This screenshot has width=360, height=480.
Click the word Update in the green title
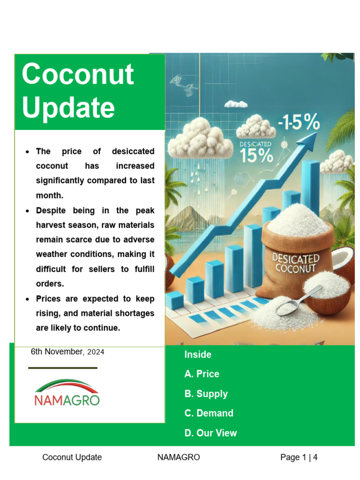click(x=68, y=108)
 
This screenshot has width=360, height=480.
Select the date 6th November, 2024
click(x=67, y=352)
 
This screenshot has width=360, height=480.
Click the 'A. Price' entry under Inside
click(x=202, y=374)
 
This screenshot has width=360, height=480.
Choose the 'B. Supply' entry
click(x=206, y=394)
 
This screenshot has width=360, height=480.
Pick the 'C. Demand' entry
click(x=209, y=413)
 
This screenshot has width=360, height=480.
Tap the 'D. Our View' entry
click(x=210, y=433)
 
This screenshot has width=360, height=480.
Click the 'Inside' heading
click(x=198, y=355)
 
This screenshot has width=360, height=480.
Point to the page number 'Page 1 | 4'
click(x=299, y=457)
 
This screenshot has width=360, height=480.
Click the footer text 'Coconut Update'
click(x=72, y=457)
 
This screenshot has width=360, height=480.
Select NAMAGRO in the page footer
click(x=179, y=457)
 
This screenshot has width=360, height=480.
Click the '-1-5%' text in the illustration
click(x=298, y=124)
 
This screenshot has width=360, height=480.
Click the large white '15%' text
click(x=256, y=156)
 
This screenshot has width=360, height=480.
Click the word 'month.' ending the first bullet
click(x=49, y=195)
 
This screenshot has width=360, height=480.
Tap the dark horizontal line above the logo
click(x=63, y=368)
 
